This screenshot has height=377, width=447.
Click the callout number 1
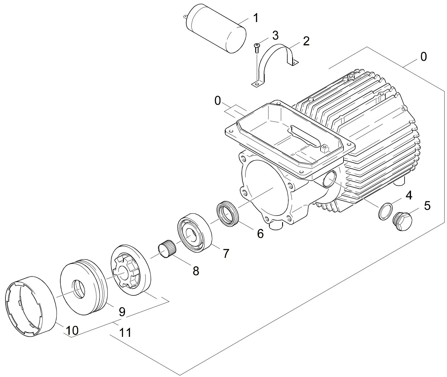(255, 18)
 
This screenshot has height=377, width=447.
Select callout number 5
(427, 206)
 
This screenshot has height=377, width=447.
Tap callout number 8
(196, 271)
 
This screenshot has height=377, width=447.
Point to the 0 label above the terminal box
(218, 101)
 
